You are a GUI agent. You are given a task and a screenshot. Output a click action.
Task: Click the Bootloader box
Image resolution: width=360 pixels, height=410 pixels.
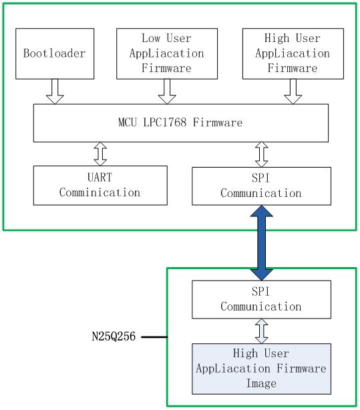pos(55,53)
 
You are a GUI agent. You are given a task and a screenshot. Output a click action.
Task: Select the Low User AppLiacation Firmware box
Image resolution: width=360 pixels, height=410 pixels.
pos(167,53)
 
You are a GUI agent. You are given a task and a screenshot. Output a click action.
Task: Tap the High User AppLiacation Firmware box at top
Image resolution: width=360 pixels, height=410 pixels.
pos(293,53)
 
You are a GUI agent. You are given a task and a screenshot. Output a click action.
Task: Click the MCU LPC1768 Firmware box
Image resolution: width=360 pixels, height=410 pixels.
pos(181,123)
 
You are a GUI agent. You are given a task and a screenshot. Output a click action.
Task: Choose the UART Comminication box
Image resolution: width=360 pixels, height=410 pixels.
pos(100,186)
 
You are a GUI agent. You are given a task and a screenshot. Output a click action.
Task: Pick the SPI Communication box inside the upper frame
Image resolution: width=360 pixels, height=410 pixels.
pos(261,186)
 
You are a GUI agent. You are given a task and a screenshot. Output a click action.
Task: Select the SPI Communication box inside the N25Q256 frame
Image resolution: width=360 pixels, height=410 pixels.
pos(261,300)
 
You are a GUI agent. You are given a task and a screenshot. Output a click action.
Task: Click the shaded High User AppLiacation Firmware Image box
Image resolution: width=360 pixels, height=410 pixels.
pos(261,369)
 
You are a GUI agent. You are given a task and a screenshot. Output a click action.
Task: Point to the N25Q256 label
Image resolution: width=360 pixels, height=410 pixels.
pos(114,337)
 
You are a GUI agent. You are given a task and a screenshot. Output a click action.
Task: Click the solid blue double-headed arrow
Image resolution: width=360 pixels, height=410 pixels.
pos(262,243)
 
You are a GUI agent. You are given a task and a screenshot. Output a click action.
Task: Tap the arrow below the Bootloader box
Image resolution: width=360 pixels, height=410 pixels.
pos(55,91)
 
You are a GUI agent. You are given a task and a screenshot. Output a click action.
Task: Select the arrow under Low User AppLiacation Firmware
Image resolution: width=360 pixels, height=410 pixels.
pos(167,91)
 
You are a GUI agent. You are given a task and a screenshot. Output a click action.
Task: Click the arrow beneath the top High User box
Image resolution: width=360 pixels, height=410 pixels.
pos(293,91)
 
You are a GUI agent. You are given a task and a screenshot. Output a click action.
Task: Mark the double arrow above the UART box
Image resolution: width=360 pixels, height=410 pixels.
pos(100,154)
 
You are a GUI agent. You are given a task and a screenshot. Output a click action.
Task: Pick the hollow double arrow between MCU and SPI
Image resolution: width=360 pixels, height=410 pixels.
pos(261,154)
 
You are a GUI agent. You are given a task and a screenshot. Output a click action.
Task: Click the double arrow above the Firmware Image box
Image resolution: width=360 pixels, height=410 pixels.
pos(261,331)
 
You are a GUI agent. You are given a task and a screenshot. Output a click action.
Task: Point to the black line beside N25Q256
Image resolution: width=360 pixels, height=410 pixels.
pos(154,337)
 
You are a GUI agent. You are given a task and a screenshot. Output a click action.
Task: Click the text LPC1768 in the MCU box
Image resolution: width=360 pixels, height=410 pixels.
pos(165,122)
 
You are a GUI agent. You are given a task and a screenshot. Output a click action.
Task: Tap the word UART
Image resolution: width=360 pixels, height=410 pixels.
pos(100,177)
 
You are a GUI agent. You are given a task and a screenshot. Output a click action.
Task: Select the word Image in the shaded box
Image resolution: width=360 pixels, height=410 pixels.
pos(261,383)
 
